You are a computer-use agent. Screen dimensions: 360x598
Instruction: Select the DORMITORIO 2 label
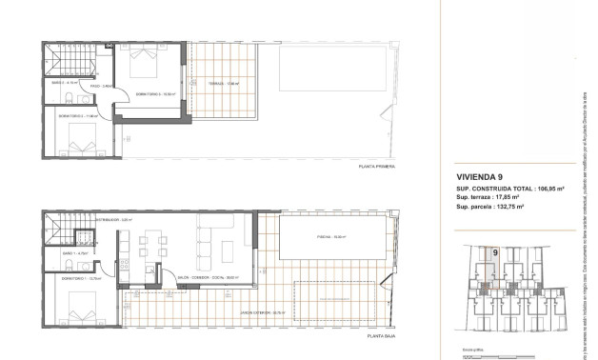[x=76, y=116]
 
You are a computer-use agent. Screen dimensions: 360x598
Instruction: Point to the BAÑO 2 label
[x=66, y=83]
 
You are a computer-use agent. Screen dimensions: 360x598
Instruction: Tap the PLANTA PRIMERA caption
[x=374, y=167]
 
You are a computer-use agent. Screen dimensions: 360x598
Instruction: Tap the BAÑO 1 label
[x=75, y=253]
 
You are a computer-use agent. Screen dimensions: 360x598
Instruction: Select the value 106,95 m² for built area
[x=550, y=190]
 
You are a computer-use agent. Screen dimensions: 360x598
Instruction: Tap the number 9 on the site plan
[x=495, y=252]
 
